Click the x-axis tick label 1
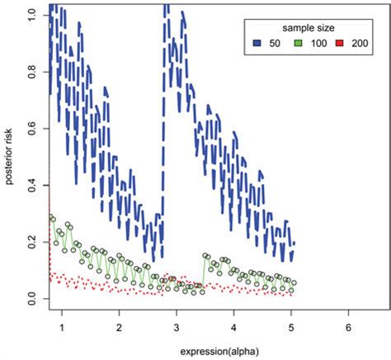pos(62,327)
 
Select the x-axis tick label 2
pos(120,327)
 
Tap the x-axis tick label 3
pos(177,327)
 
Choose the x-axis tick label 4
pos(234,327)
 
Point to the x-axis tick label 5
pos(291,327)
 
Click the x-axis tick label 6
pos(349,327)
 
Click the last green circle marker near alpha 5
pos(294,283)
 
